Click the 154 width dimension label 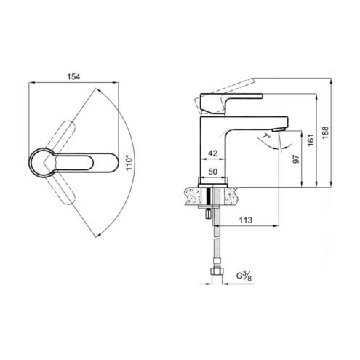73,77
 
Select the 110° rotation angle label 129,162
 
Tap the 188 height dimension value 325,132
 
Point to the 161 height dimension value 311,140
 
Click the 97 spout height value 296,159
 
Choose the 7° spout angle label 267,136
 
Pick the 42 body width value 213,153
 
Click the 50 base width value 213,172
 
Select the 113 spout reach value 246,220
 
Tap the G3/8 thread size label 244,276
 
